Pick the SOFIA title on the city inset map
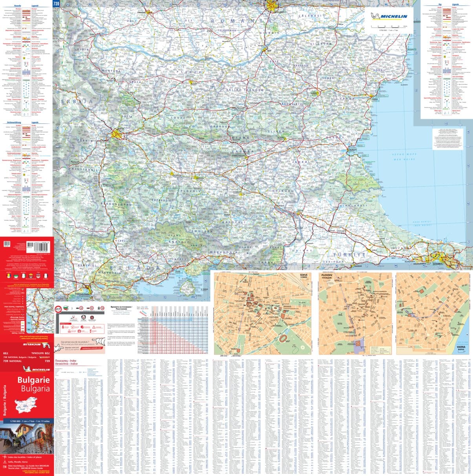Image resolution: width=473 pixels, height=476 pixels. tap(304, 276)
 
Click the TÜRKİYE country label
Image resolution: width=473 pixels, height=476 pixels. tap(350, 255)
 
